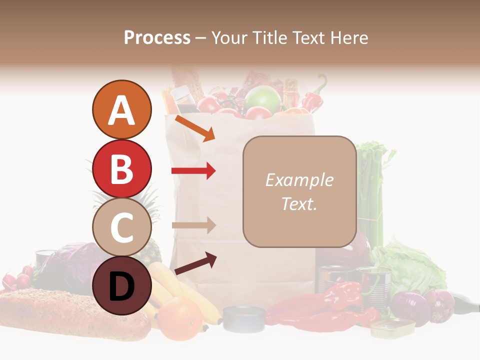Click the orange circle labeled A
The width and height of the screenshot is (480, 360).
[x=121, y=110]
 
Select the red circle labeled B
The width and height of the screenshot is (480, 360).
[x=121, y=169]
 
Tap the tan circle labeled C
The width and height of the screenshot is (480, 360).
[x=121, y=227]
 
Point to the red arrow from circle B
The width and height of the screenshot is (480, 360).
[x=193, y=171]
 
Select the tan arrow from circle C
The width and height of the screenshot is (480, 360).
[x=193, y=225]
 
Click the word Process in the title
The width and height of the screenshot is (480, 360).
[x=157, y=37]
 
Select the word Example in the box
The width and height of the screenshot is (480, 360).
[x=299, y=180]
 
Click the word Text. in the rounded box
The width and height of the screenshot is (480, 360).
[x=299, y=203]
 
